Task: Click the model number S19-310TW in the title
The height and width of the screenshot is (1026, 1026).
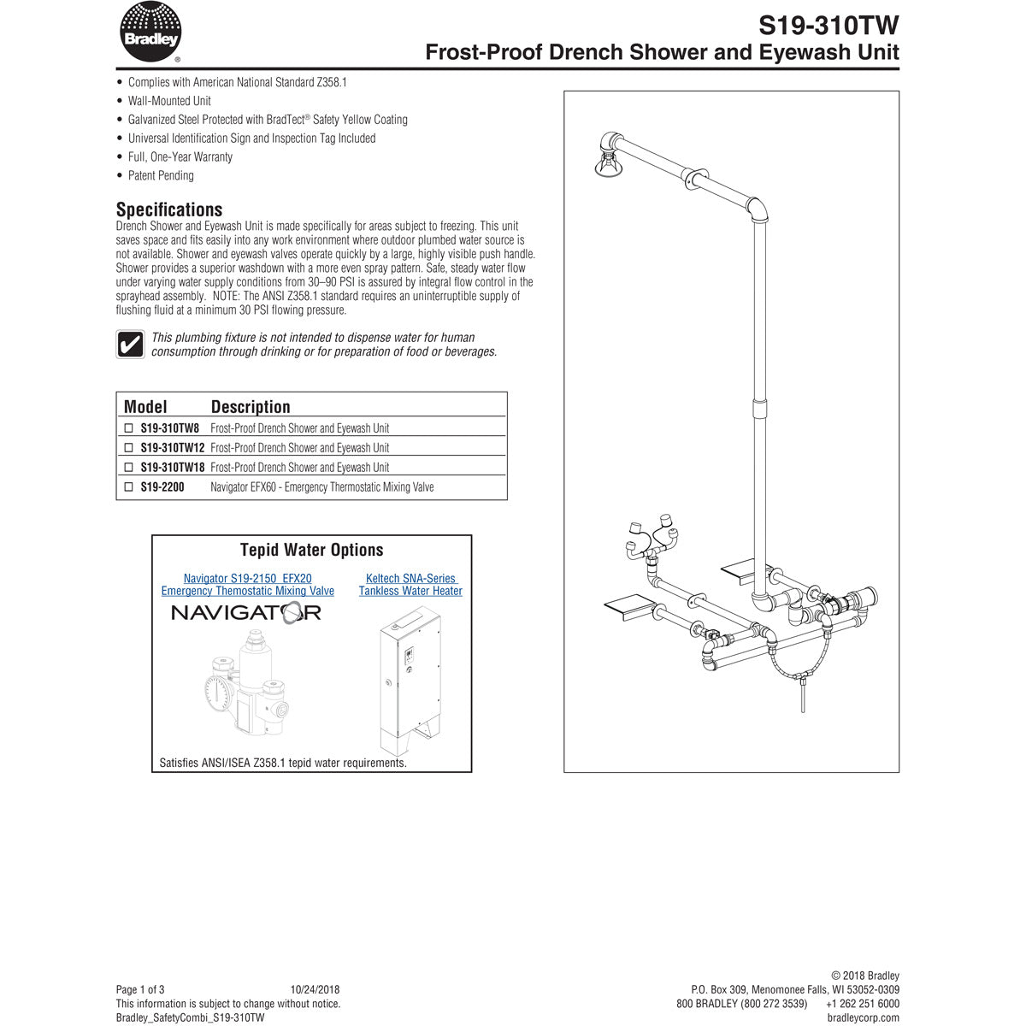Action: [x=829, y=24]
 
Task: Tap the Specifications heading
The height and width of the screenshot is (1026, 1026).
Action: [x=169, y=209]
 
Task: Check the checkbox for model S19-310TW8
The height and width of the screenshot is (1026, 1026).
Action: [x=129, y=427]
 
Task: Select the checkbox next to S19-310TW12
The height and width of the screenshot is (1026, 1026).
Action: [x=129, y=447]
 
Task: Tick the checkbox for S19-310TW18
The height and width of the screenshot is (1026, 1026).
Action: [x=129, y=467]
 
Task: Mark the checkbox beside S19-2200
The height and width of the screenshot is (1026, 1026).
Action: [x=129, y=486]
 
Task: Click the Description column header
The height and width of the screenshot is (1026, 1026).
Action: [x=251, y=407]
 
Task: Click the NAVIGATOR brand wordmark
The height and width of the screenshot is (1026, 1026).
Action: [x=246, y=612]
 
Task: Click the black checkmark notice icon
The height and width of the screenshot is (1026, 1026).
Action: [x=130, y=345]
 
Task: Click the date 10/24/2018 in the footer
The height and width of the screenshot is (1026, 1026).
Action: [x=315, y=989]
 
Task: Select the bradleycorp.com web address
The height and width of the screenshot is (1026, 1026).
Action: [x=864, y=1017]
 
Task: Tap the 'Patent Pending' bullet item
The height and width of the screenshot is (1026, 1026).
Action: [x=161, y=175]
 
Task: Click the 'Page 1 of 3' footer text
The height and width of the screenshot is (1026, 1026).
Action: [x=140, y=989]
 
